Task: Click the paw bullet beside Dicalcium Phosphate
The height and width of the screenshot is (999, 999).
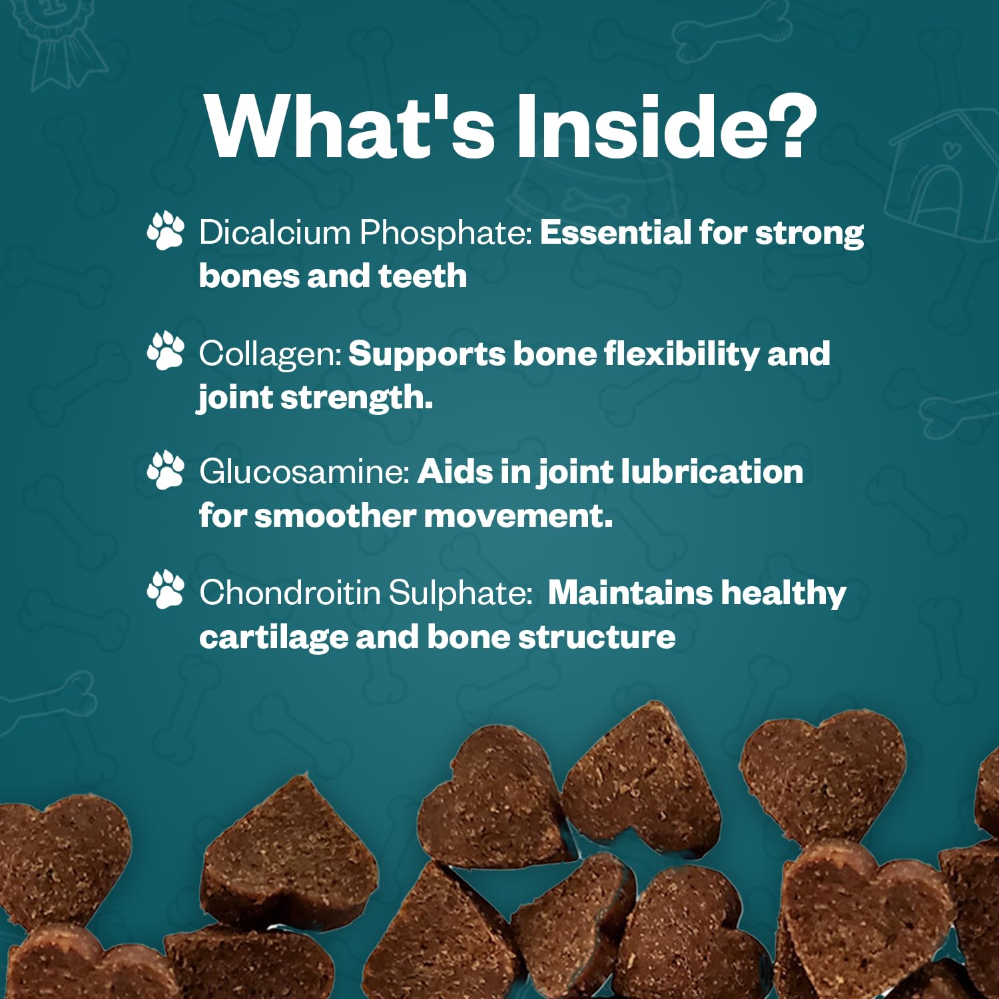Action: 165,230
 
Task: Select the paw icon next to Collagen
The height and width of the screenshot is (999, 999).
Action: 165,350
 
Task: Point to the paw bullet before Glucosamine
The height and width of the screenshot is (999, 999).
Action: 165,470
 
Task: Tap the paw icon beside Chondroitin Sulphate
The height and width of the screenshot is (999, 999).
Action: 165,590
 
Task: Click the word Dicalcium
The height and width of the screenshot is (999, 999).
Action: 275,232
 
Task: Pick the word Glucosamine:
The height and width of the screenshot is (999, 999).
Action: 304,472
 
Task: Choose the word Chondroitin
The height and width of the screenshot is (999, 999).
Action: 290,592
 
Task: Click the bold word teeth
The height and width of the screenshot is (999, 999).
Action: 422,276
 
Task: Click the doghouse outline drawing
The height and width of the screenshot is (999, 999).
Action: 941,174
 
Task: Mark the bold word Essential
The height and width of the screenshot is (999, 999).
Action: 615,232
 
